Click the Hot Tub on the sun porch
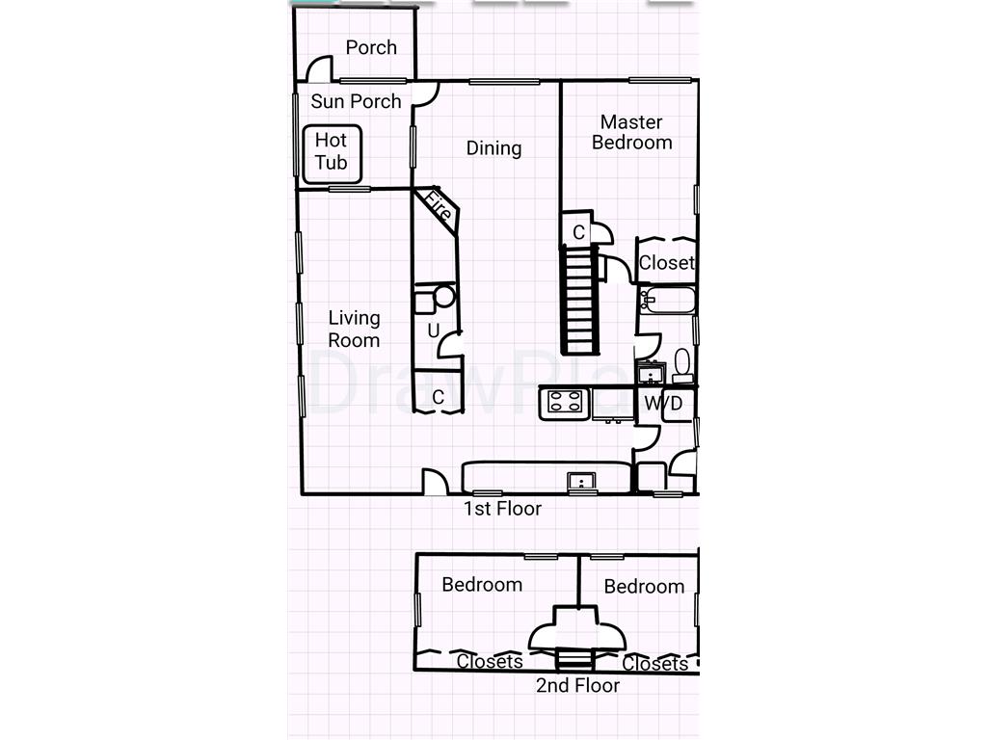[x=332, y=154]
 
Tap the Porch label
[x=371, y=47]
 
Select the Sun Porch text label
[x=356, y=101]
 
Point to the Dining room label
[x=493, y=148]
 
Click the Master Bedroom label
[x=631, y=133]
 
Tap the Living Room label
[x=354, y=329]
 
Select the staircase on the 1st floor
[x=579, y=300]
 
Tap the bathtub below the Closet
[x=666, y=301]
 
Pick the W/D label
[x=663, y=404]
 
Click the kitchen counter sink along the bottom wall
[x=581, y=480]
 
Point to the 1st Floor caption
[x=502, y=509]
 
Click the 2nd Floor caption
[x=577, y=686]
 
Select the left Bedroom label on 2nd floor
[x=482, y=585]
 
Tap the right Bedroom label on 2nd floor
[x=644, y=587]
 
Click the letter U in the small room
[x=433, y=331]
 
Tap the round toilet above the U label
[x=443, y=296]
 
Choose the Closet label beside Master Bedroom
[x=666, y=263]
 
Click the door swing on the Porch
[x=319, y=69]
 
